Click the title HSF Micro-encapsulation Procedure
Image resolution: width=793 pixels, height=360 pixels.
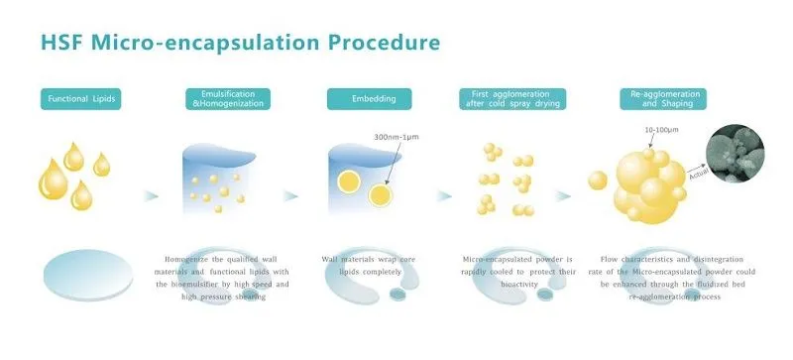coord(239,44)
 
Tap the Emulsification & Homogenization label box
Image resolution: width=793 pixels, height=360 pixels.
coord(228,98)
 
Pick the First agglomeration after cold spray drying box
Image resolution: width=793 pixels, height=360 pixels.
coord(512,98)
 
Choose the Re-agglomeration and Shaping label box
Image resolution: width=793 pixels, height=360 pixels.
coord(655,98)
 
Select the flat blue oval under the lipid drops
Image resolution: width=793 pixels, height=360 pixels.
coord(86,275)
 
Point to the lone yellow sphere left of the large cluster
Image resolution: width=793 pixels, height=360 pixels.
coord(597,180)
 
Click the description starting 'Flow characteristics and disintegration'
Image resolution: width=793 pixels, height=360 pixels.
coord(658,278)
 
